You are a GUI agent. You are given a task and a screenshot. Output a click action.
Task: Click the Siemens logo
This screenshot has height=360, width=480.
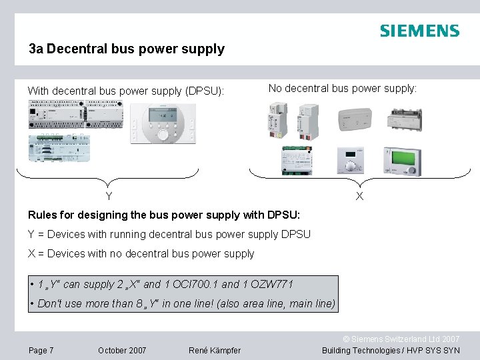(419, 31)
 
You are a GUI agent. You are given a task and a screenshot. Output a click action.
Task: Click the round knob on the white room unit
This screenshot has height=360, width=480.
(163, 135)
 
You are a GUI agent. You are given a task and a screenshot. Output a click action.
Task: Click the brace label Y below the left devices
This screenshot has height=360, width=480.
(109, 196)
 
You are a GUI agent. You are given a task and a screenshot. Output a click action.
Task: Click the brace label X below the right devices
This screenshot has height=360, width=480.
(359, 196)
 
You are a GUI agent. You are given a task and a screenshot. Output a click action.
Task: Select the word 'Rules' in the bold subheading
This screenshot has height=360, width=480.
(43, 215)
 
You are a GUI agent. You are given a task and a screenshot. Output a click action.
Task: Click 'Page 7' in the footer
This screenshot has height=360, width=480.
(41, 351)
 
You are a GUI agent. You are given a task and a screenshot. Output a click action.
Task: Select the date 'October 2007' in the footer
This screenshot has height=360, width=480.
(122, 351)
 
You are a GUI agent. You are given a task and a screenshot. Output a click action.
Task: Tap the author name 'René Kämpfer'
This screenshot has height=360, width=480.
(215, 351)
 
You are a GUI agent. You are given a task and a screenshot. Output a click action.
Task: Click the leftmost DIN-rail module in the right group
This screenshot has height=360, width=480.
(275, 120)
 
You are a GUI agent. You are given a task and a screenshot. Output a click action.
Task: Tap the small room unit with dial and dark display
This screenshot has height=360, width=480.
(349, 161)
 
